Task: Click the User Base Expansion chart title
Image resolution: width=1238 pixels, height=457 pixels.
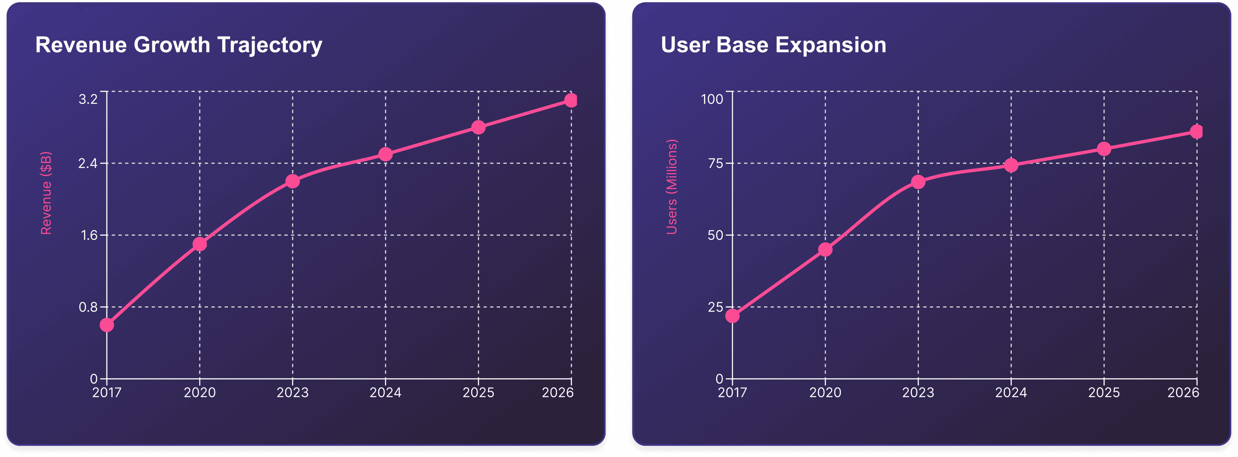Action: click(773, 45)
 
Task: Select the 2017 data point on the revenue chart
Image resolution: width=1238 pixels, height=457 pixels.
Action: click(107, 325)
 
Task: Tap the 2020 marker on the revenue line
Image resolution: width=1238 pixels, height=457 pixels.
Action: click(200, 244)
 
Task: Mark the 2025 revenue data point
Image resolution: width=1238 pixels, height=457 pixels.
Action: click(478, 127)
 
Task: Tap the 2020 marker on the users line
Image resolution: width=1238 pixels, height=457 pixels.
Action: click(825, 249)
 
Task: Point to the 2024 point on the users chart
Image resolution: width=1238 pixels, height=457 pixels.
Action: click(1011, 165)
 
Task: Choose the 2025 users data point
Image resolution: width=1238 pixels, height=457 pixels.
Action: click(1104, 149)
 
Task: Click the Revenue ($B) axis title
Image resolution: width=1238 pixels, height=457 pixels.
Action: click(46, 193)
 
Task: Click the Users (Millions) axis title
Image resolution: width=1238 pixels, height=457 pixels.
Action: click(672, 187)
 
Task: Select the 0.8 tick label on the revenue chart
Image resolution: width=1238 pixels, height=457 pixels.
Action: click(88, 307)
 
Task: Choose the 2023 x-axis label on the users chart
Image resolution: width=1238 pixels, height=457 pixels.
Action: click(918, 393)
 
